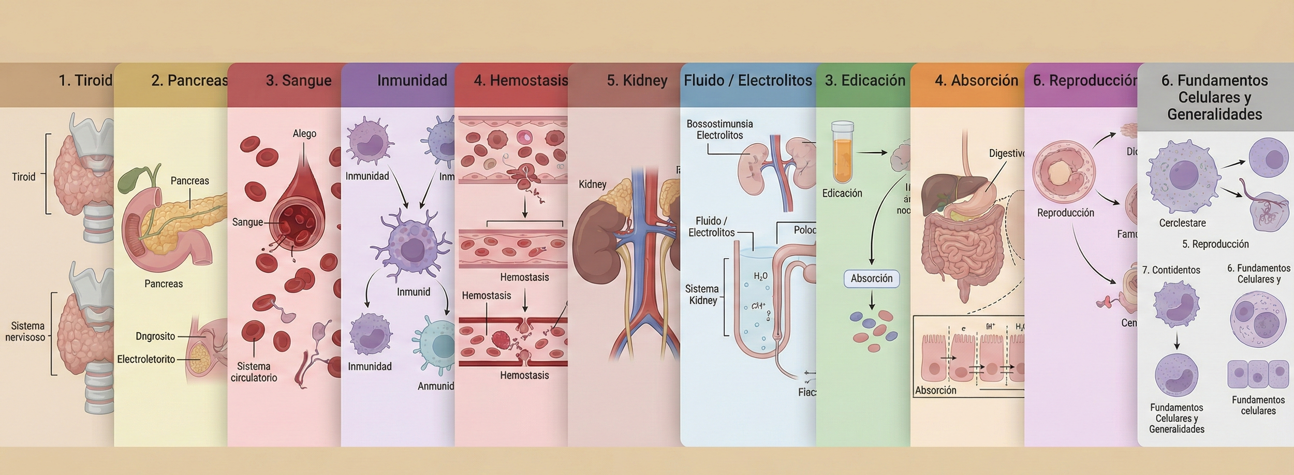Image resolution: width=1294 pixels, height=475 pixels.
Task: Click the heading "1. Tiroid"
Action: [x=85, y=81]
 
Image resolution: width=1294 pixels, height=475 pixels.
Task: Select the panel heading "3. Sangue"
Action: [x=299, y=81]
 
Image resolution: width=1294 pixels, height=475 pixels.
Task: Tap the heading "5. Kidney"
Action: [x=637, y=81]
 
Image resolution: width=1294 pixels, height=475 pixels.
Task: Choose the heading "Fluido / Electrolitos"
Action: [x=748, y=81]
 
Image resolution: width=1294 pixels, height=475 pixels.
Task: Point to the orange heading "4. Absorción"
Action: [x=976, y=81]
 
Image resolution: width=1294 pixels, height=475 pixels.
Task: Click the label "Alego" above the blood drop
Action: [x=304, y=133]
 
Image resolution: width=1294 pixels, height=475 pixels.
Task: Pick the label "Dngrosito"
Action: [x=155, y=336]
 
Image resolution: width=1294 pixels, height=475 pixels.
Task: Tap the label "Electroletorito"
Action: [x=146, y=359]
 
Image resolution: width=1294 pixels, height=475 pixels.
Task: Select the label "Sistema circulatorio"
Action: [x=254, y=372]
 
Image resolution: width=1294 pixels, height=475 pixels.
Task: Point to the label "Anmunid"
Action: [x=436, y=386]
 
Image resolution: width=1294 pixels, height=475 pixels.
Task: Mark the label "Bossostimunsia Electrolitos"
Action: [x=719, y=129]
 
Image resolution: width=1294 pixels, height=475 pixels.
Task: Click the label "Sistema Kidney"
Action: [x=702, y=294]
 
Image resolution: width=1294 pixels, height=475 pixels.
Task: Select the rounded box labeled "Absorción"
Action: [x=872, y=278]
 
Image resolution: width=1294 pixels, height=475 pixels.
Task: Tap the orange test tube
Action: [x=842, y=153]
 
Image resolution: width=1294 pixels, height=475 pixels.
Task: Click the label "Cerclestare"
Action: [x=1182, y=223]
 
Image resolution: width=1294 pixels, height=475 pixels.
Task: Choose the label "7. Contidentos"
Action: [x=1171, y=270]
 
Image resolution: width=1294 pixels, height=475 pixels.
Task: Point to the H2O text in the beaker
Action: [x=760, y=276]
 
